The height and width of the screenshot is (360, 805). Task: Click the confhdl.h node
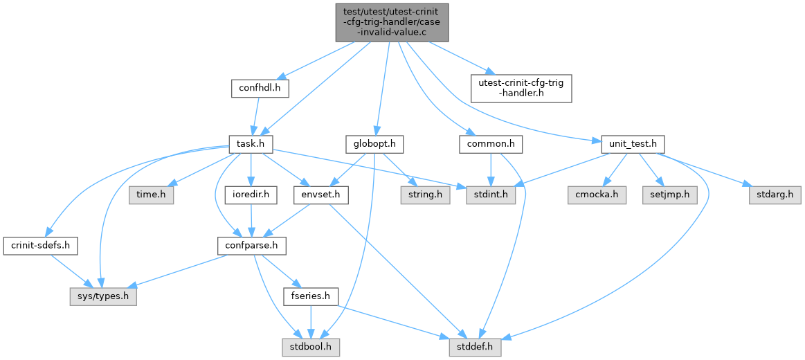point(260,88)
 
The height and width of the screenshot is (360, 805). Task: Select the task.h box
point(251,144)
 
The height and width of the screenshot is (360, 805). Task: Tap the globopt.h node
point(374,144)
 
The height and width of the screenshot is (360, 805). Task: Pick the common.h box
point(490,144)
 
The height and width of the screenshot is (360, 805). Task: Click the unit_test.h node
point(626,144)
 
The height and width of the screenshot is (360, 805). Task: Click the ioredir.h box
point(251,195)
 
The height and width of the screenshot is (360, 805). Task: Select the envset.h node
point(320,195)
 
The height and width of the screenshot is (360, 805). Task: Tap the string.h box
point(424,195)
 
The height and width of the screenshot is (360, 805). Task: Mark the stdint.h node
point(491,195)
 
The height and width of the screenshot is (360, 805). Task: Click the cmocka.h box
point(598,195)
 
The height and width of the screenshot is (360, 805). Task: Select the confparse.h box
point(251,246)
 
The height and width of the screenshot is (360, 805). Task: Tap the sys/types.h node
point(103,297)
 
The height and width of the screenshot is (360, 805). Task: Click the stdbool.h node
point(311,344)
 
